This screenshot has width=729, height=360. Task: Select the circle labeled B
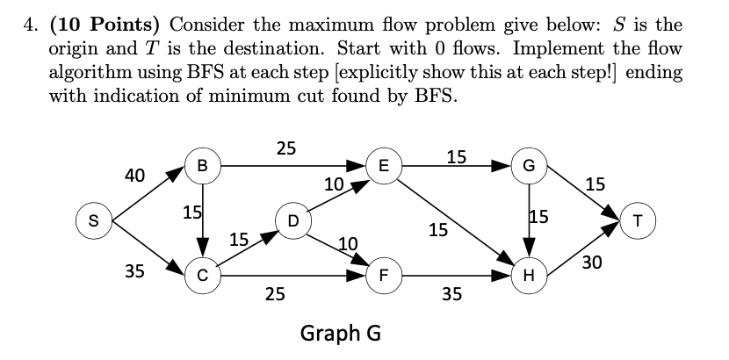203,163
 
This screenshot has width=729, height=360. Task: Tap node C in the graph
203,274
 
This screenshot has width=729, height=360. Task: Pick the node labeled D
292,219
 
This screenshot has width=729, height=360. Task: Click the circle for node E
383,163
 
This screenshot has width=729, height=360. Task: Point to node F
383,274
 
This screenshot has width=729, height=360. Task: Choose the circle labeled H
528,274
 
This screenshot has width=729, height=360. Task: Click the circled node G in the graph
528,163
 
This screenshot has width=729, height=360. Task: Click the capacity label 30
591,261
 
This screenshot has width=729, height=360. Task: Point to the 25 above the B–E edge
286,148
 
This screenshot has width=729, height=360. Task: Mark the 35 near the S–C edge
134,270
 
